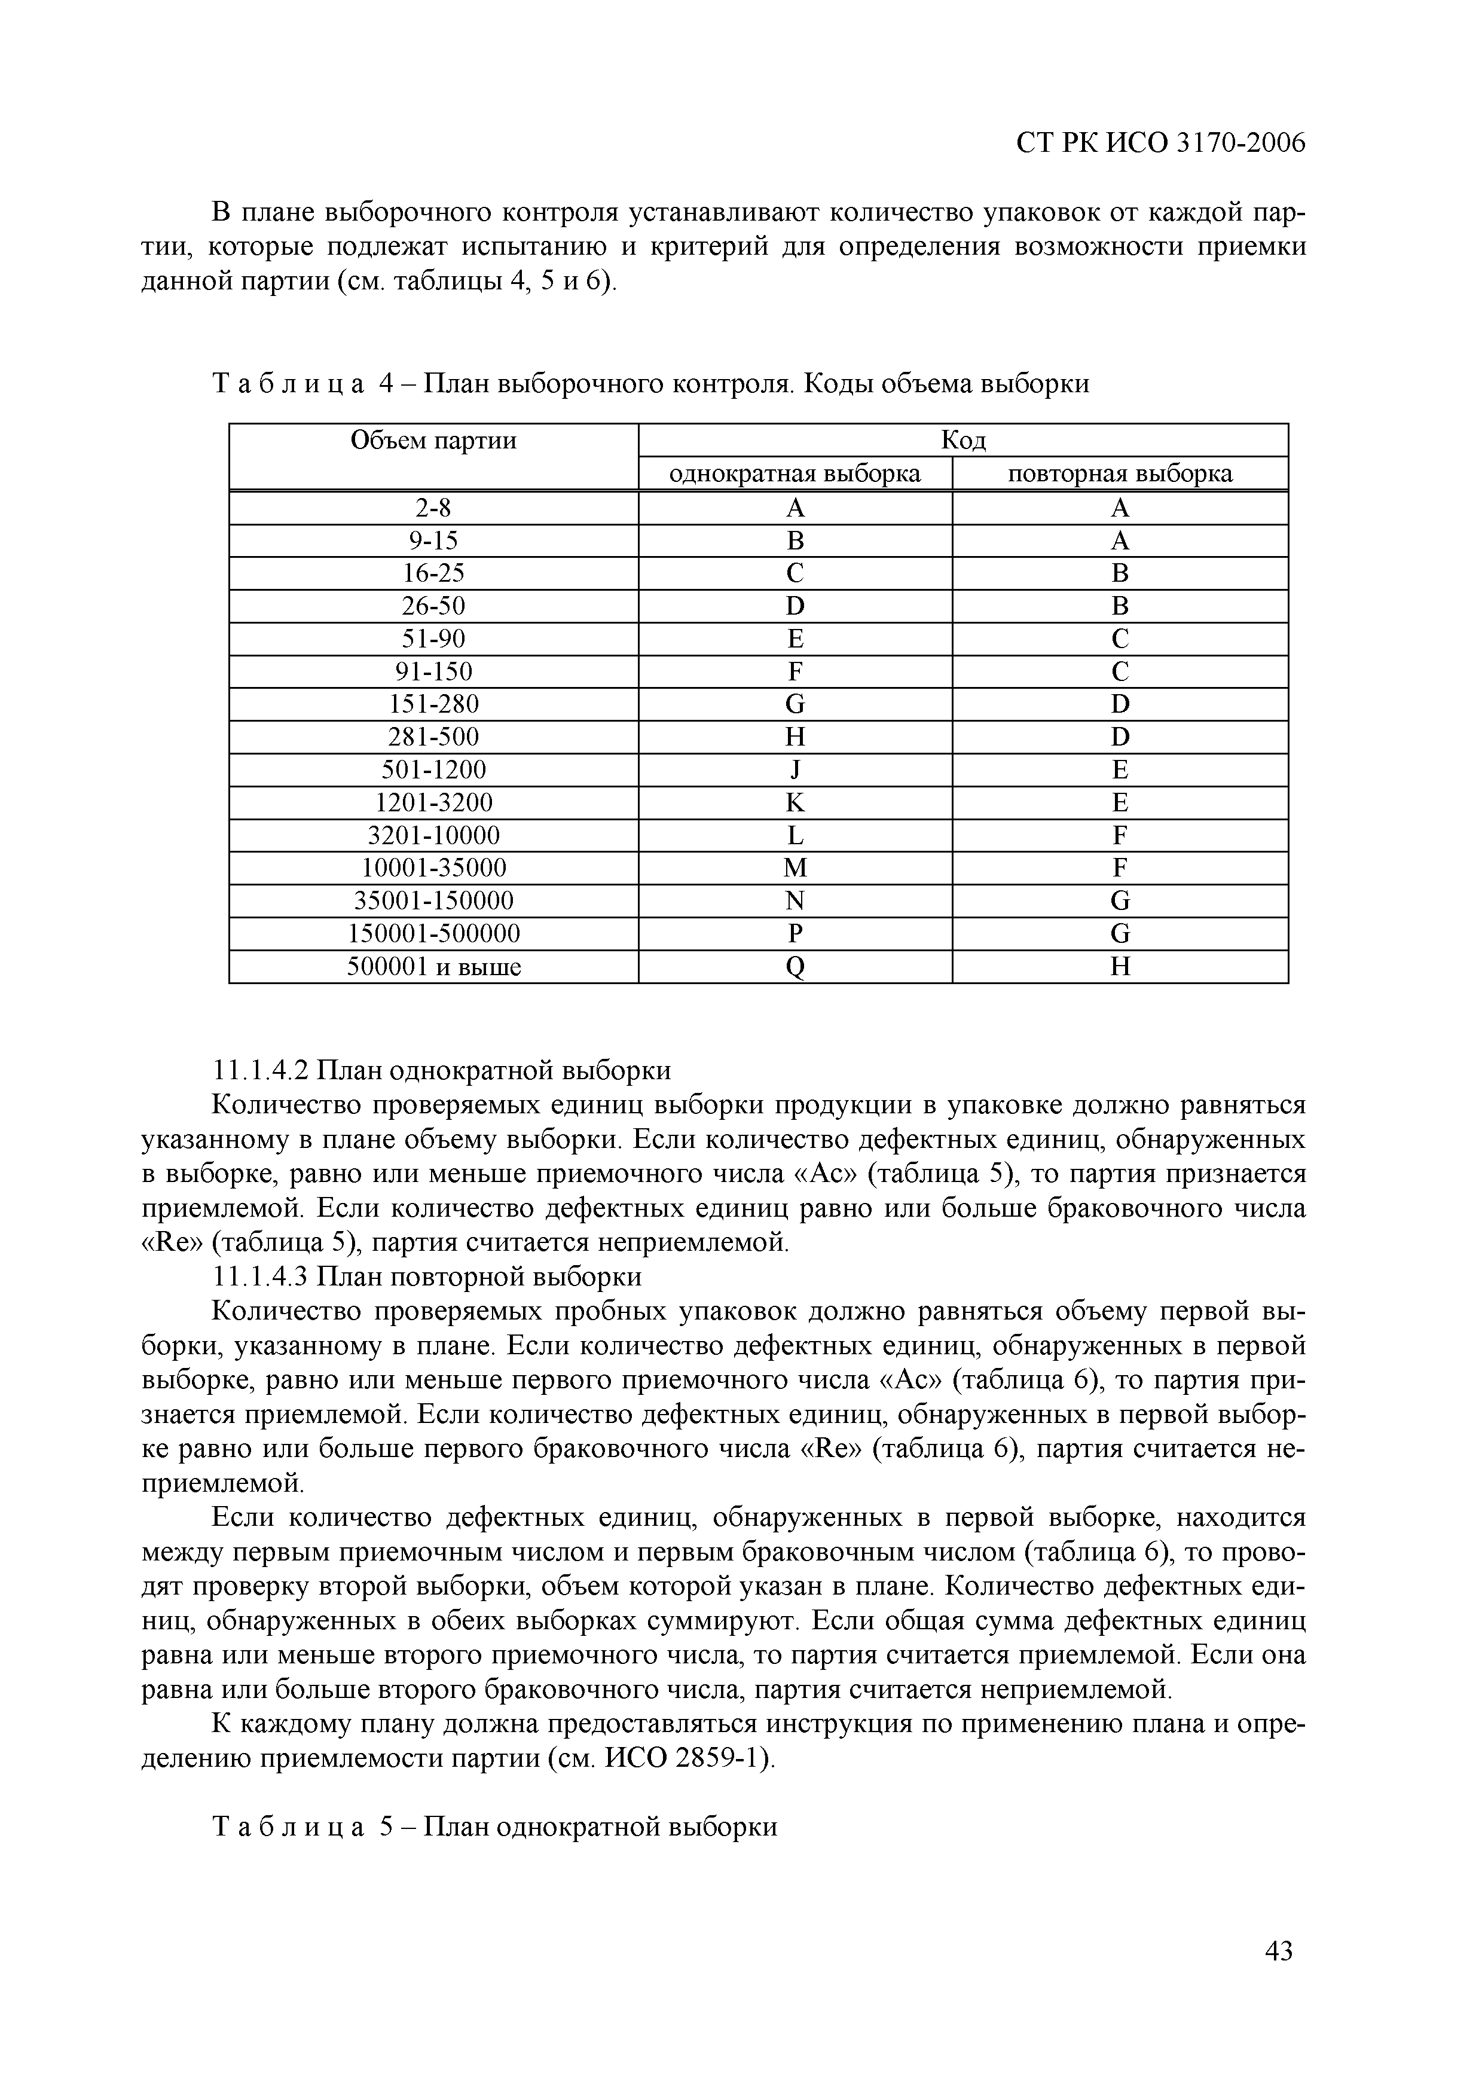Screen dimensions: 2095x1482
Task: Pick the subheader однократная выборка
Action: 795,474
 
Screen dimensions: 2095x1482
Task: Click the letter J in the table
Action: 795,770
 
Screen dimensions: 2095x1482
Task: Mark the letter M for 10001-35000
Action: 795,868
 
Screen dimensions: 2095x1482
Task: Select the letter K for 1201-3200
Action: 795,802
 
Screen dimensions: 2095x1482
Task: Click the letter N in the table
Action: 795,900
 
